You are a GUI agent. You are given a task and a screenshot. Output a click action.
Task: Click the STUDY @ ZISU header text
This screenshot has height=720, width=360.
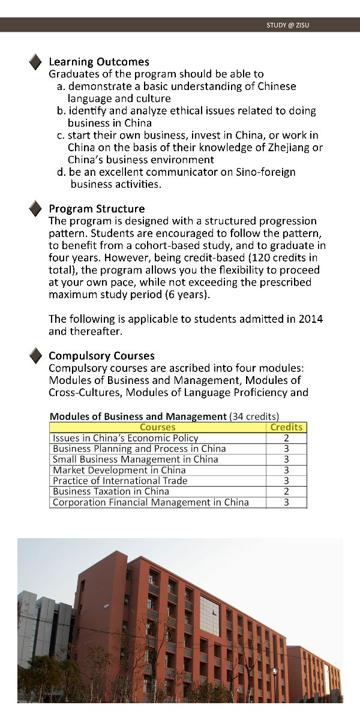288,25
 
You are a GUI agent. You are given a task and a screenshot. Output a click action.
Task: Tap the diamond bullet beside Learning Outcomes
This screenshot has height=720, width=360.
36,61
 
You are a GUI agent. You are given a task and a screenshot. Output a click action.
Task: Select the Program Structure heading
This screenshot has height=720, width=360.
97,209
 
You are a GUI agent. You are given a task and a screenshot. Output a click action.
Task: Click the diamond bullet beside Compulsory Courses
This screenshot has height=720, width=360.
36,356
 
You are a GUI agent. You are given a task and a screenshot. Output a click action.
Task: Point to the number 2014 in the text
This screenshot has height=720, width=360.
310,319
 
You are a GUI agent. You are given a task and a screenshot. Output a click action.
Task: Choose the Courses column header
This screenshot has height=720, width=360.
157,427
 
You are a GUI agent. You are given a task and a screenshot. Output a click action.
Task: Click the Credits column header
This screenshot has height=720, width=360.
286,427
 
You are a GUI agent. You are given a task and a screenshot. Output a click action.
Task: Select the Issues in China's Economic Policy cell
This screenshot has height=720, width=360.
125,438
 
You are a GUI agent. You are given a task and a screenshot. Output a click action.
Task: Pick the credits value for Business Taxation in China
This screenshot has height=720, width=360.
286,491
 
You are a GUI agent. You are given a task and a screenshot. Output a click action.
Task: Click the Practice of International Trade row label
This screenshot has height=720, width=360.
120,481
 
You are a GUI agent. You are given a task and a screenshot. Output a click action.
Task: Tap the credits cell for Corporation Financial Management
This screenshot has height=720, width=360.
286,502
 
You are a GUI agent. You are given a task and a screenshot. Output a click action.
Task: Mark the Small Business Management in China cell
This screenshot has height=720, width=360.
136,460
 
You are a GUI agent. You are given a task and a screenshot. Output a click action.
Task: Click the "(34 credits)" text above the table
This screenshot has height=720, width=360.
254,416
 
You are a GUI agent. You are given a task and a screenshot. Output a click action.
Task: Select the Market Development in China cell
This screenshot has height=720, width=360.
119,470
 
